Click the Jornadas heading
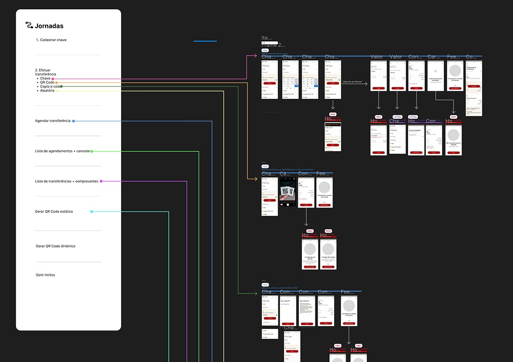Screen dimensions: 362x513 [49, 26]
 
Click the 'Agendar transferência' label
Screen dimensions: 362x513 [52, 121]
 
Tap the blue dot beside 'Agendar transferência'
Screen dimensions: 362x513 [73, 121]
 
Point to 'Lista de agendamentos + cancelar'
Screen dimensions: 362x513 [62, 151]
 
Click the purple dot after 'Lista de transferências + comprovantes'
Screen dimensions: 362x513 [101, 181]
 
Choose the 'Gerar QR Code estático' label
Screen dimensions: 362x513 [54, 212]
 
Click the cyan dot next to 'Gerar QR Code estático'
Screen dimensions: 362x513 [92, 212]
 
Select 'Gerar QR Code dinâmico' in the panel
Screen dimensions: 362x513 [56, 246]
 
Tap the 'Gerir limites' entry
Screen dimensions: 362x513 [46, 275]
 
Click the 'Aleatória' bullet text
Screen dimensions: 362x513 [47, 91]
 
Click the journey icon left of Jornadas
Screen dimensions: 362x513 [29, 25]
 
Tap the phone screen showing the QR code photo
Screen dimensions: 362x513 [288, 192]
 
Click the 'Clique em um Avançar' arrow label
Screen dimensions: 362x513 [353, 82]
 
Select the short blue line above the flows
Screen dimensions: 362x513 [205, 41]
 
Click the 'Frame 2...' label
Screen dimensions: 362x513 [273, 45]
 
